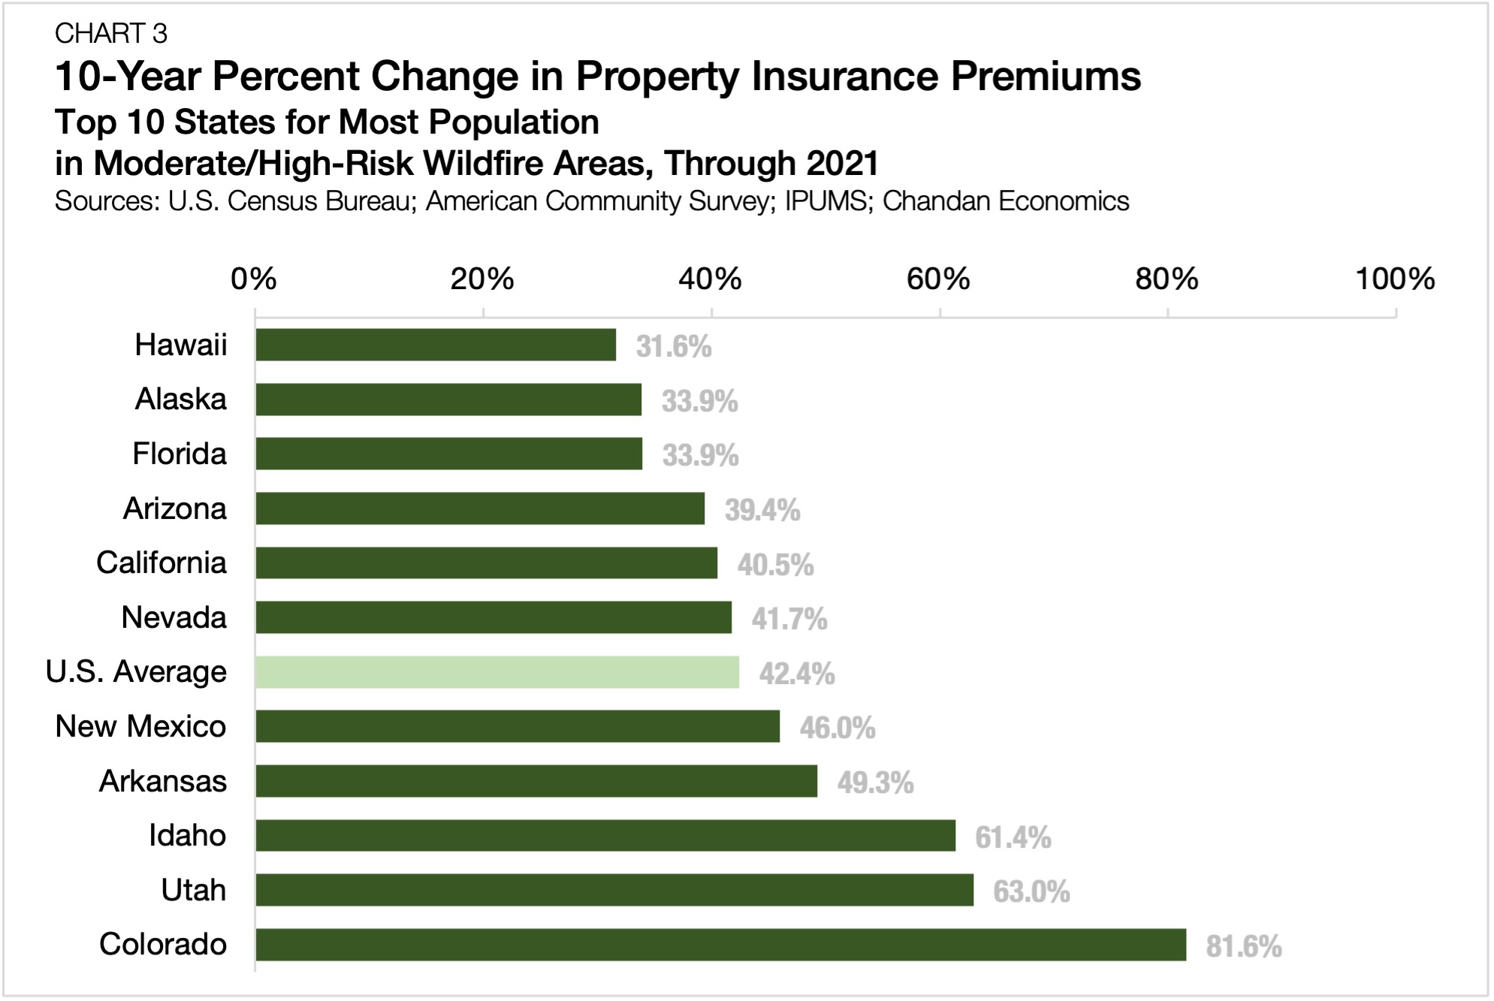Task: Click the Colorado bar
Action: click(720, 945)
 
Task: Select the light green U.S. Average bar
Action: click(496, 672)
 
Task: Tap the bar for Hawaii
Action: click(436, 345)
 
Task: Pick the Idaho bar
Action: click(605, 835)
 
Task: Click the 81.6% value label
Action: click(1243, 946)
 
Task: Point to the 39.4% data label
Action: click(762, 511)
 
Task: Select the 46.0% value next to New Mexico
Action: click(837, 728)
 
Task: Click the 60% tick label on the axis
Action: click(938, 279)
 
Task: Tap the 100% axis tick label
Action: click(1394, 279)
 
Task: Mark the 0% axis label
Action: click(254, 279)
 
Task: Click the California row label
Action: click(161, 563)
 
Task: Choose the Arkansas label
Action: click(163, 781)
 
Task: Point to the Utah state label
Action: click(193, 890)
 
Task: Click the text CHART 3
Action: click(111, 34)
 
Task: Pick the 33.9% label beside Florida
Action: click(699, 456)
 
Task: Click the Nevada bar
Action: click(493, 617)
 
